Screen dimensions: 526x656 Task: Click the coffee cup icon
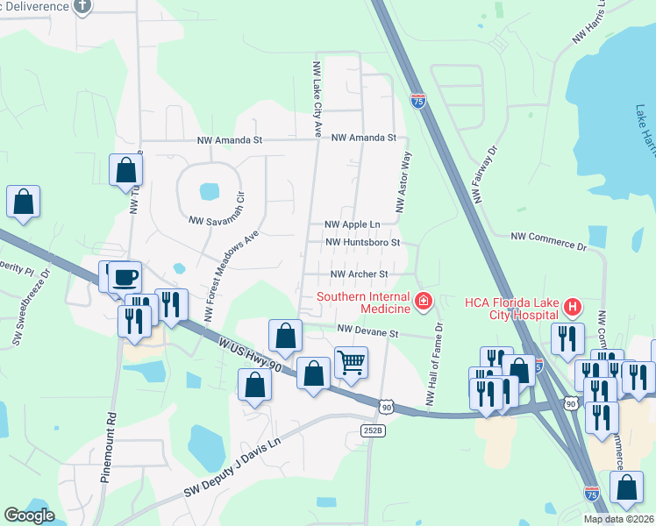[x=125, y=277]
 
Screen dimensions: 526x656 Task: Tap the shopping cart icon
[x=351, y=361]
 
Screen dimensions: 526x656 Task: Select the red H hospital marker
[x=573, y=307]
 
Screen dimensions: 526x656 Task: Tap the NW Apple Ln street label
[x=353, y=225]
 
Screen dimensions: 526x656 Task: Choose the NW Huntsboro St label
[x=362, y=242]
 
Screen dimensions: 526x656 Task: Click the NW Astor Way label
[x=403, y=182]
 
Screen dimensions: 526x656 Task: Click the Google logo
[x=29, y=516]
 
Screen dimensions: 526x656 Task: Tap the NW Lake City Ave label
[x=316, y=99]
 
